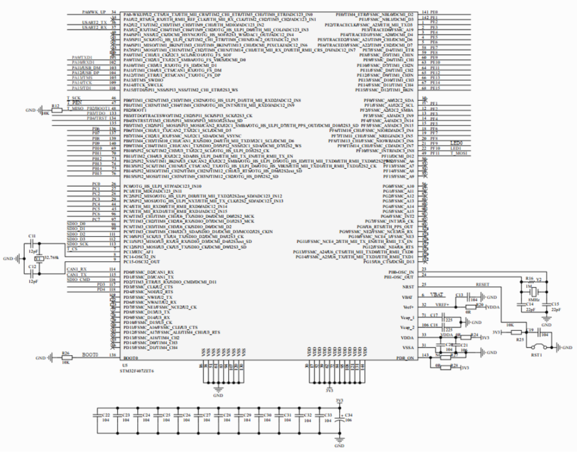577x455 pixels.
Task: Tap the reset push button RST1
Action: (537, 348)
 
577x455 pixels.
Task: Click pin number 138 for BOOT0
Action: (112, 355)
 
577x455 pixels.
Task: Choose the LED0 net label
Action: (456, 143)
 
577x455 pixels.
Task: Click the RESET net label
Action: (482, 285)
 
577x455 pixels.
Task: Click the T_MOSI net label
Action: (458, 153)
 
